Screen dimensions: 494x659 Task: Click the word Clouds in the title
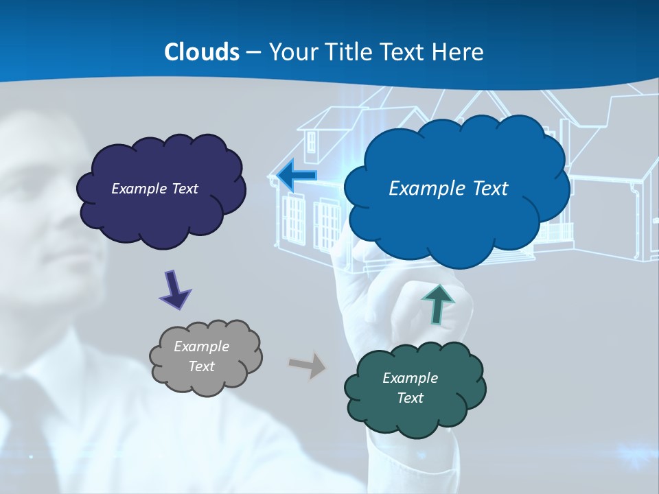pos(202,52)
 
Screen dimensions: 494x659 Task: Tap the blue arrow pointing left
pos(297,176)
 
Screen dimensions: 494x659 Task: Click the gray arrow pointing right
pos(308,364)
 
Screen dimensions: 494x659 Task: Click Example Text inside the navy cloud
pos(154,189)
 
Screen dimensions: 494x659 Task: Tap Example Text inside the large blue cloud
pos(448,189)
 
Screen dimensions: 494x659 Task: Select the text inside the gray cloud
pos(201,357)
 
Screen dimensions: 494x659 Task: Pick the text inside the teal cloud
pos(410,388)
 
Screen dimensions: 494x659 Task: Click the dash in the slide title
pos(253,53)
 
